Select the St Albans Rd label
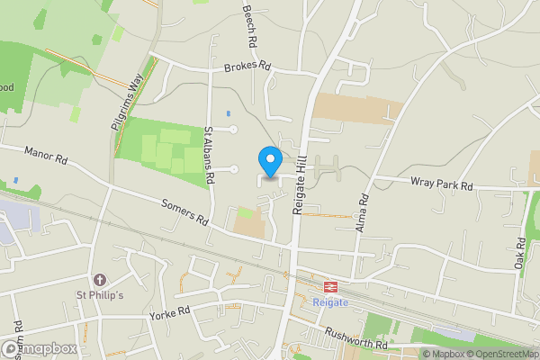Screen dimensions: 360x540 click(x=208, y=157)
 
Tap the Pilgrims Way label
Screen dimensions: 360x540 click(x=129, y=102)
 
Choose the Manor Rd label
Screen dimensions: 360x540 click(x=47, y=156)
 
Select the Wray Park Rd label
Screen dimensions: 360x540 click(x=441, y=185)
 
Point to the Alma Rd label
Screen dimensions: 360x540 click(x=363, y=213)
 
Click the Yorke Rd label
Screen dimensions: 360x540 click(x=171, y=311)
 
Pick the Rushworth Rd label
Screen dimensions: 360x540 click(x=356, y=343)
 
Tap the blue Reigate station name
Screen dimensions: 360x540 click(x=330, y=303)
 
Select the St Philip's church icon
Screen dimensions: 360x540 click(x=99, y=281)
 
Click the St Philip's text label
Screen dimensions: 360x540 click(x=99, y=296)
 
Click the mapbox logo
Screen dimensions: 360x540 click(x=40, y=348)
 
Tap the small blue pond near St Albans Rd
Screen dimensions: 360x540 click(x=228, y=113)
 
